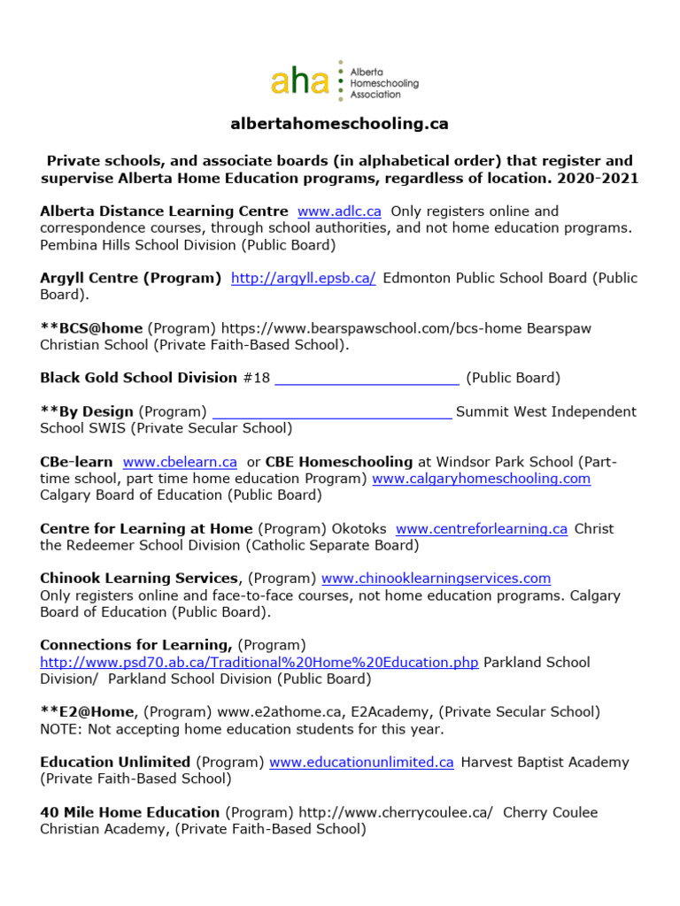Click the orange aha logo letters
point(302,81)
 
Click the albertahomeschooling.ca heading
point(339,124)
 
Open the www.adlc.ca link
point(339,211)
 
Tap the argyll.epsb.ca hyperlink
point(303,278)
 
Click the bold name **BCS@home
point(91,328)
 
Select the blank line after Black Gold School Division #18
point(367,379)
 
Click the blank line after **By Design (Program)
point(332,412)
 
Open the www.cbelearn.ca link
point(180,462)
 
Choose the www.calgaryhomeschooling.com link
point(481,479)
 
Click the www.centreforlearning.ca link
point(481,529)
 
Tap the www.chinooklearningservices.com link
point(436,579)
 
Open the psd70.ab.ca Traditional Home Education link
point(259,663)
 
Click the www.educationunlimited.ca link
point(361,763)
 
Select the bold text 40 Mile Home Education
point(129,812)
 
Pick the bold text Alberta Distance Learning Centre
point(164,211)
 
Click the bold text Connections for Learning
point(136,645)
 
